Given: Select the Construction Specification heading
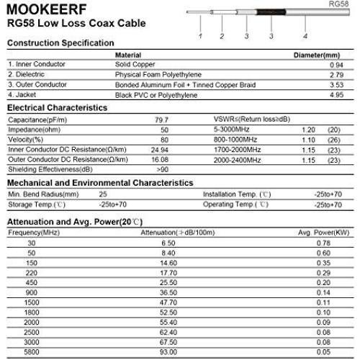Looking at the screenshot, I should (60, 44).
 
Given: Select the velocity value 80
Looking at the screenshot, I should (164, 139).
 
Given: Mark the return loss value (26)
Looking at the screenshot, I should (333, 139).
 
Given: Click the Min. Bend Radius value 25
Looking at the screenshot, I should (103, 194).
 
